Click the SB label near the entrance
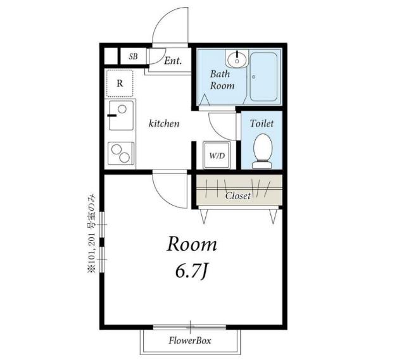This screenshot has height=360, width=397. [x=133, y=56]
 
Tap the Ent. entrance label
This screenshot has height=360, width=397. [x=173, y=61]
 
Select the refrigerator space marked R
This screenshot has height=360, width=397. [x=120, y=83]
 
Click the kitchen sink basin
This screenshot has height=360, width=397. [x=121, y=115]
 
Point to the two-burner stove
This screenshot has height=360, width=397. [x=121, y=153]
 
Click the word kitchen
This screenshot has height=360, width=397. [x=164, y=123]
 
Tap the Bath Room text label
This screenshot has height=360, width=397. [x=222, y=80]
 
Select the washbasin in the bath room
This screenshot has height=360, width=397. [x=237, y=59]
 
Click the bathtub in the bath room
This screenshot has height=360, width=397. [x=263, y=77]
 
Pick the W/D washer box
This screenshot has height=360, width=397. [x=217, y=155]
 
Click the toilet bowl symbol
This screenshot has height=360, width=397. [x=263, y=151]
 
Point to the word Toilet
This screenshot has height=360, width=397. [x=262, y=123]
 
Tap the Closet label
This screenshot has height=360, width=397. [x=237, y=196]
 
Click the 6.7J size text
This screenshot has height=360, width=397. [x=192, y=272]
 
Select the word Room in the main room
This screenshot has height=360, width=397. [x=192, y=244]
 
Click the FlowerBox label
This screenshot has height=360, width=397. [x=190, y=340]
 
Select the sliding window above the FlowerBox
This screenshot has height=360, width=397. [x=190, y=327]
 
